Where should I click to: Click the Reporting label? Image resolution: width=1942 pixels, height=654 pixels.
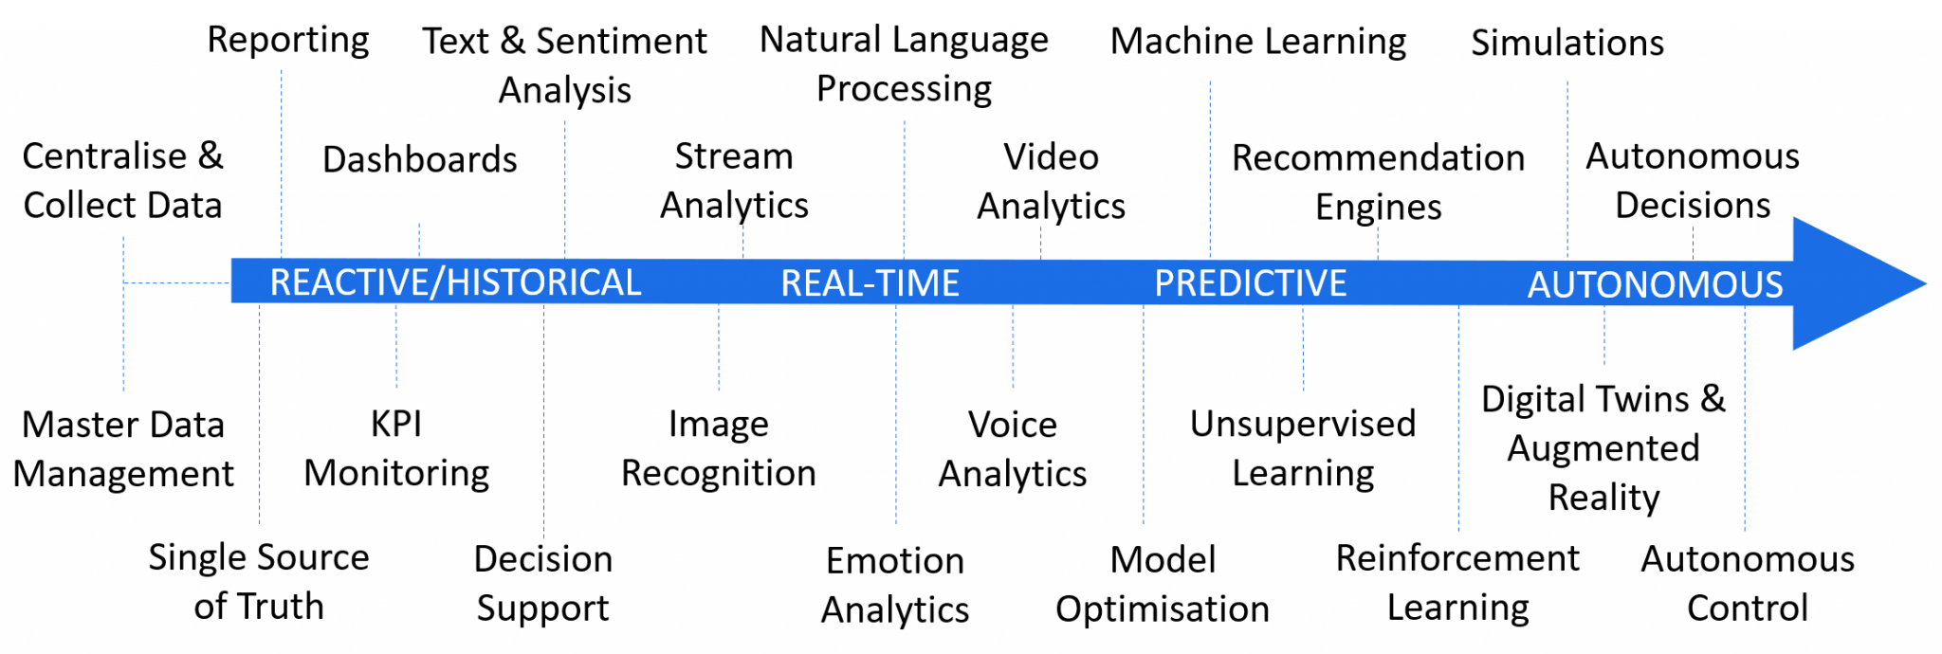click(288, 41)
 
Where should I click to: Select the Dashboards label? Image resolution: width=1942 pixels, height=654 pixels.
click(420, 159)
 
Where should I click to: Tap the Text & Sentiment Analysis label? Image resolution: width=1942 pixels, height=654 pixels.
click(565, 65)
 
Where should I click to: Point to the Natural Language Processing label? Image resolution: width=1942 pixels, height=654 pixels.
click(904, 64)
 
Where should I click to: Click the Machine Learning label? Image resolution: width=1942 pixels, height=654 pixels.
click(1258, 42)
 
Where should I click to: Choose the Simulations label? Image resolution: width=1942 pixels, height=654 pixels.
click(1567, 44)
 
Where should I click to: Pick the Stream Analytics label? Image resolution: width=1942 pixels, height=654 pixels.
click(734, 181)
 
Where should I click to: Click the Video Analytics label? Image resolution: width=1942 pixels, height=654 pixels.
click(1051, 181)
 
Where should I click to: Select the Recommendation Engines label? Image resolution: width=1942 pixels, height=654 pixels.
click(1378, 182)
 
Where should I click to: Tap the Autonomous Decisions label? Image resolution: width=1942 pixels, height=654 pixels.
click(1693, 180)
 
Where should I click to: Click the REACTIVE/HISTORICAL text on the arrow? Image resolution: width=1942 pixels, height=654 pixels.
click(455, 282)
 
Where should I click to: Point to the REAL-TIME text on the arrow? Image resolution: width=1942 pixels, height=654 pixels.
click(870, 283)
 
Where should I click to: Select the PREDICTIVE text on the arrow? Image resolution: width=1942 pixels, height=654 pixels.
click(1250, 283)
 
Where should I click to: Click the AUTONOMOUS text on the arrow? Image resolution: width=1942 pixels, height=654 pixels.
click(1655, 284)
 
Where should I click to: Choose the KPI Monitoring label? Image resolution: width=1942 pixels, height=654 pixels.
click(396, 448)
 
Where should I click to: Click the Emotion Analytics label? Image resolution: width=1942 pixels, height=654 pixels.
click(895, 585)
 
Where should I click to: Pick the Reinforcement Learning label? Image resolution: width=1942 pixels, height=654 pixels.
click(1457, 582)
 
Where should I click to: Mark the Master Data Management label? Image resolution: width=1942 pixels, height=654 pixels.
click(123, 449)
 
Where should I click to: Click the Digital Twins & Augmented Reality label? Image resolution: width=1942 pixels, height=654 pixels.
click(1603, 448)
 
